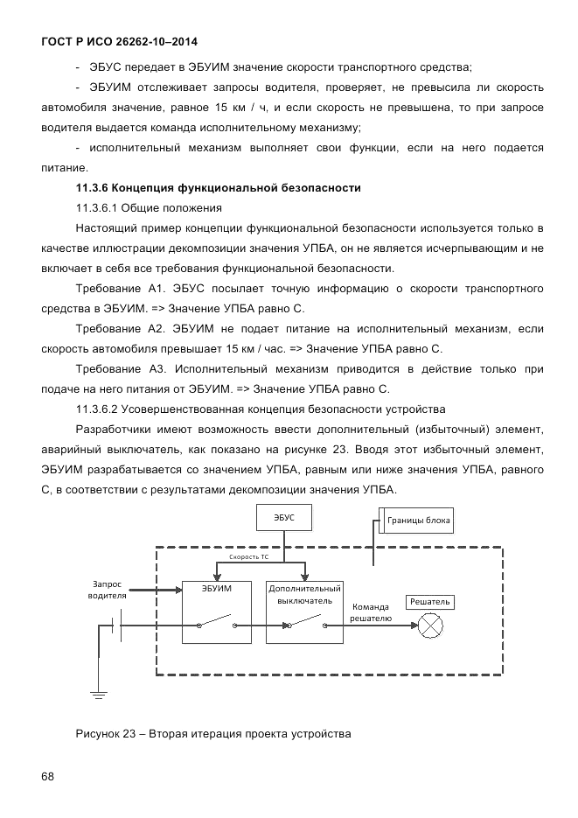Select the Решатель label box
click(429, 602)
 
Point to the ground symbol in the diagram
click(97, 695)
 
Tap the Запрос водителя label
click(107, 591)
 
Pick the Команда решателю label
click(370, 612)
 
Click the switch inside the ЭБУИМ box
click(217, 625)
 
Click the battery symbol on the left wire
click(115, 626)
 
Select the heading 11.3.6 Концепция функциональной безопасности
click(219, 188)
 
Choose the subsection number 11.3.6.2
click(97, 409)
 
